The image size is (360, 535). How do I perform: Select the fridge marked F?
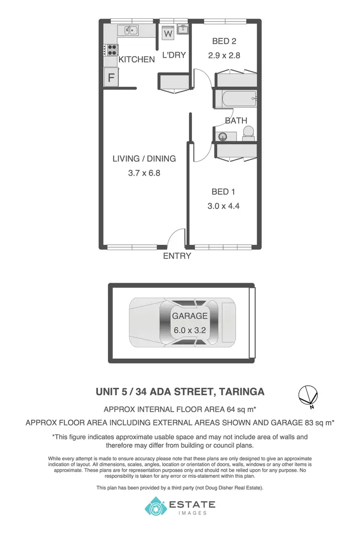[x=111, y=77]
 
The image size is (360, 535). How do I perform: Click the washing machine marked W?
[x=168, y=34]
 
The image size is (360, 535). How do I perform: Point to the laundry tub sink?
[x=182, y=29]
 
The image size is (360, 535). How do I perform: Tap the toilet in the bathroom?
[x=248, y=133]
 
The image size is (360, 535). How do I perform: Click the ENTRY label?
[x=177, y=256]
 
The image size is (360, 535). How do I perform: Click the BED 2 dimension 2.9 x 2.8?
[x=224, y=55]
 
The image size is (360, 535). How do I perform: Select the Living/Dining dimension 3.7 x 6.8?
[x=144, y=173]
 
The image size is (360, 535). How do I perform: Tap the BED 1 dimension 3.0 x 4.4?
[x=223, y=206]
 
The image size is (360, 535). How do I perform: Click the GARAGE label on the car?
[x=190, y=316]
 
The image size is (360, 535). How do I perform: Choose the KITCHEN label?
[x=137, y=60]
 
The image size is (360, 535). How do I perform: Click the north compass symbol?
[x=307, y=395]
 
